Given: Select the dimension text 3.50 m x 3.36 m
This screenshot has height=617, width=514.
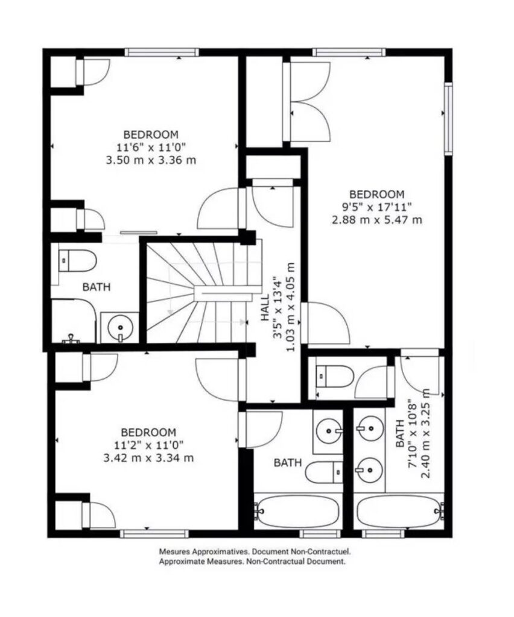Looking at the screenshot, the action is pyautogui.click(x=151, y=160).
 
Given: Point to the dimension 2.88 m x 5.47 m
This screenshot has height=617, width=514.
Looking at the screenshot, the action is pyautogui.click(x=377, y=219).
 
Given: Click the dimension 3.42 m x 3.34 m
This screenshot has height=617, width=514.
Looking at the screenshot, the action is pyautogui.click(x=148, y=458).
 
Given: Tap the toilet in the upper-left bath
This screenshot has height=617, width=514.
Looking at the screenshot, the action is pyautogui.click(x=77, y=260).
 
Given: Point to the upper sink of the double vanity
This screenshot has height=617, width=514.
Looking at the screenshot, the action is pyautogui.click(x=370, y=428).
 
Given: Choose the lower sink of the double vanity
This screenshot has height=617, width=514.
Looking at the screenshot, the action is pyautogui.click(x=370, y=470).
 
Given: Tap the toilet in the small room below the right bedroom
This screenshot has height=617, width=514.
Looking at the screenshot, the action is pyautogui.click(x=334, y=376).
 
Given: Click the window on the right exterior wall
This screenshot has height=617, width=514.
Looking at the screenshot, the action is pyautogui.click(x=448, y=118).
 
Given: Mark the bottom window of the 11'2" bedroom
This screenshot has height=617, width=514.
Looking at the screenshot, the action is pyautogui.click(x=154, y=534).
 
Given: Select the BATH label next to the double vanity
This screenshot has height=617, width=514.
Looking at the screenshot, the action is pyautogui.click(x=399, y=433).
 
